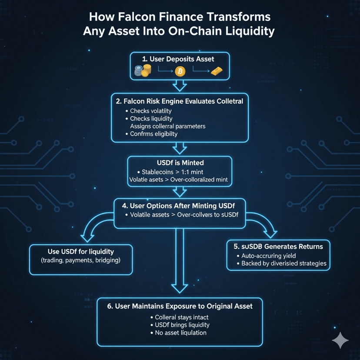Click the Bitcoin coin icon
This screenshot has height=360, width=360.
click(180, 71)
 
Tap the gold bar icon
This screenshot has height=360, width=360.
click(216, 71)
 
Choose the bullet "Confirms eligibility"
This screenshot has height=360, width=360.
click(154, 134)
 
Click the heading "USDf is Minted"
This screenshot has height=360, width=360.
click(180, 163)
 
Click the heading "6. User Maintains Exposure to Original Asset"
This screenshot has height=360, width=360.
click(180, 306)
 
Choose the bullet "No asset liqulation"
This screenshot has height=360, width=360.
click(180, 333)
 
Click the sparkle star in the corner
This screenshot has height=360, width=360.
click(340, 341)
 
